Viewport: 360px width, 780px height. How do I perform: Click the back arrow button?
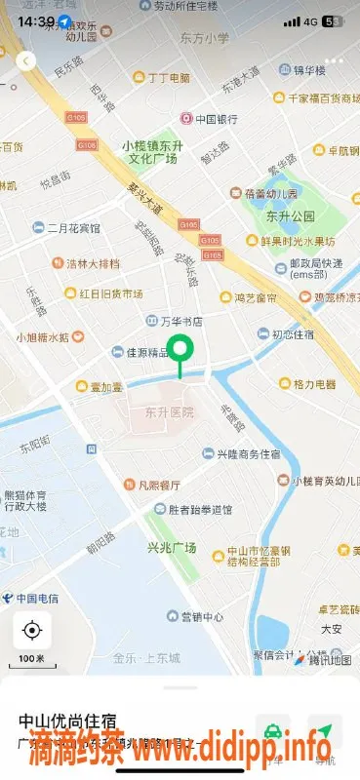(26, 60)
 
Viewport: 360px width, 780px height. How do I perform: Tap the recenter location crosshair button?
(32, 631)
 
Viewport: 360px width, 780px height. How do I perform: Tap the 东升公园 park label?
(290, 215)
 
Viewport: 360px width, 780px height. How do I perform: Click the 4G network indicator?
(311, 20)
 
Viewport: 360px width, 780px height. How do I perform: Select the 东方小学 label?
(205, 39)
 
